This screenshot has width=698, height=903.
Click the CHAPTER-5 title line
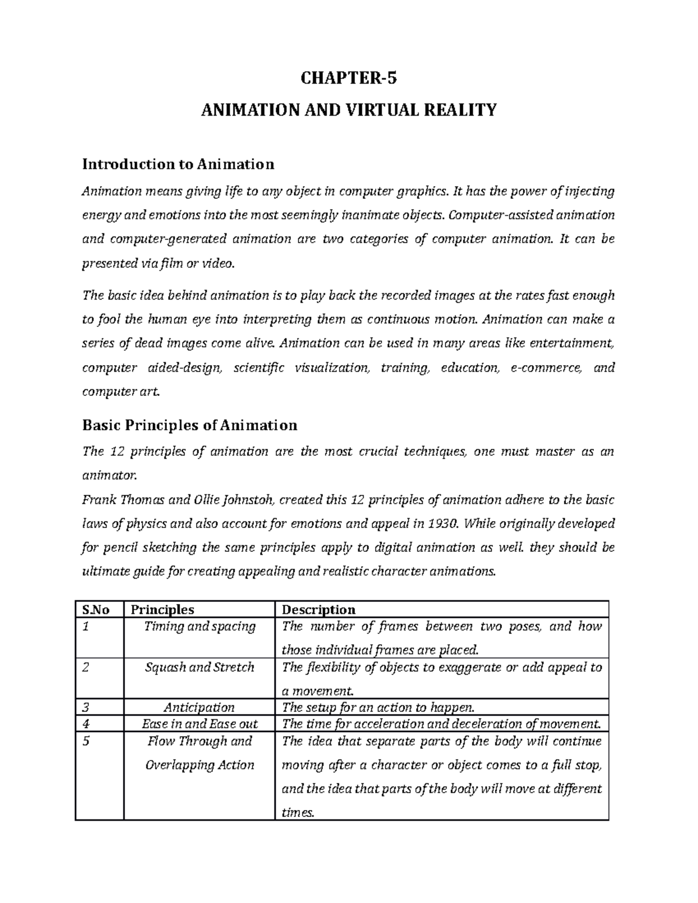(348, 78)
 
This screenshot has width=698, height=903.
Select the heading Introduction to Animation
(178, 165)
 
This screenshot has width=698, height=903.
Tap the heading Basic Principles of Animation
(190, 425)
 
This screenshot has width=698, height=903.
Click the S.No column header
(96, 609)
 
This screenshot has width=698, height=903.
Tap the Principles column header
(162, 609)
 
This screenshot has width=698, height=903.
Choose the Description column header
(318, 609)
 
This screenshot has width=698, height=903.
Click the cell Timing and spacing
(200, 627)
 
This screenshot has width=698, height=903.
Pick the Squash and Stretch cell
(200, 668)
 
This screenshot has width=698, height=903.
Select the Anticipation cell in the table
(200, 708)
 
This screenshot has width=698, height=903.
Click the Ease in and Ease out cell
(200, 724)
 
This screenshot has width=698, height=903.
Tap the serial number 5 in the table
(86, 741)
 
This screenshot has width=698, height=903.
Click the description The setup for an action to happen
(378, 708)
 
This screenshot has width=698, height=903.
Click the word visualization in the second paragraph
(332, 368)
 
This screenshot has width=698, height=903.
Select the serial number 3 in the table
(86, 708)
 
